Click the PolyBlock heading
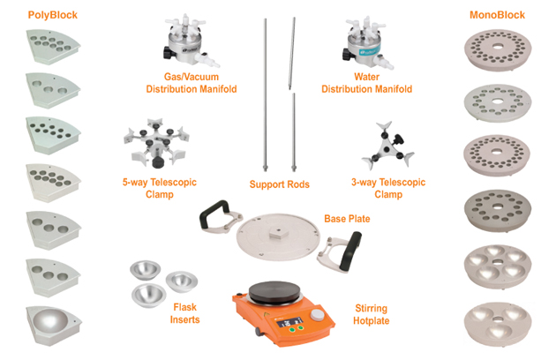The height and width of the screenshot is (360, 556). (x=52, y=15)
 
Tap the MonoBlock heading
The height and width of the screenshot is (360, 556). (x=497, y=15)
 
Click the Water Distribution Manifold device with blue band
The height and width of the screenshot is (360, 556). (x=366, y=42)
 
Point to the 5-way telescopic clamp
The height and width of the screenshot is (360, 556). (x=156, y=143)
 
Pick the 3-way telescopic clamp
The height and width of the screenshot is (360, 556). (x=388, y=146)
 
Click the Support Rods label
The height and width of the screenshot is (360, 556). (x=280, y=184)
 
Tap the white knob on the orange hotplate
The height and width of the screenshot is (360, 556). (x=318, y=315)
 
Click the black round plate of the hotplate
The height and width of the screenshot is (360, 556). (x=274, y=293)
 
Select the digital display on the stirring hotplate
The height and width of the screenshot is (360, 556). (x=289, y=322)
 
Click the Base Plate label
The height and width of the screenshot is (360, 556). (x=347, y=219)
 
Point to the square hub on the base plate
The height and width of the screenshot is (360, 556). (x=278, y=234)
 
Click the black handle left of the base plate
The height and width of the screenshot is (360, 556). (x=214, y=214)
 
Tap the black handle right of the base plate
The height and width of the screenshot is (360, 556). (x=349, y=251)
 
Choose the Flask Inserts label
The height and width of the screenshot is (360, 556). (x=184, y=313)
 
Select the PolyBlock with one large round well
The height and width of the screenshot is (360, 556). (x=54, y=326)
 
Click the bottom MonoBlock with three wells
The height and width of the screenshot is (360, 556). (x=498, y=324)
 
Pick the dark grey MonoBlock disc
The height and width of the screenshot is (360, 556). (x=498, y=210)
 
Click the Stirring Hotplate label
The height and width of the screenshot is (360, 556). (x=372, y=315)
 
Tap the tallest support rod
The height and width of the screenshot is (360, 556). (x=265, y=95)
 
